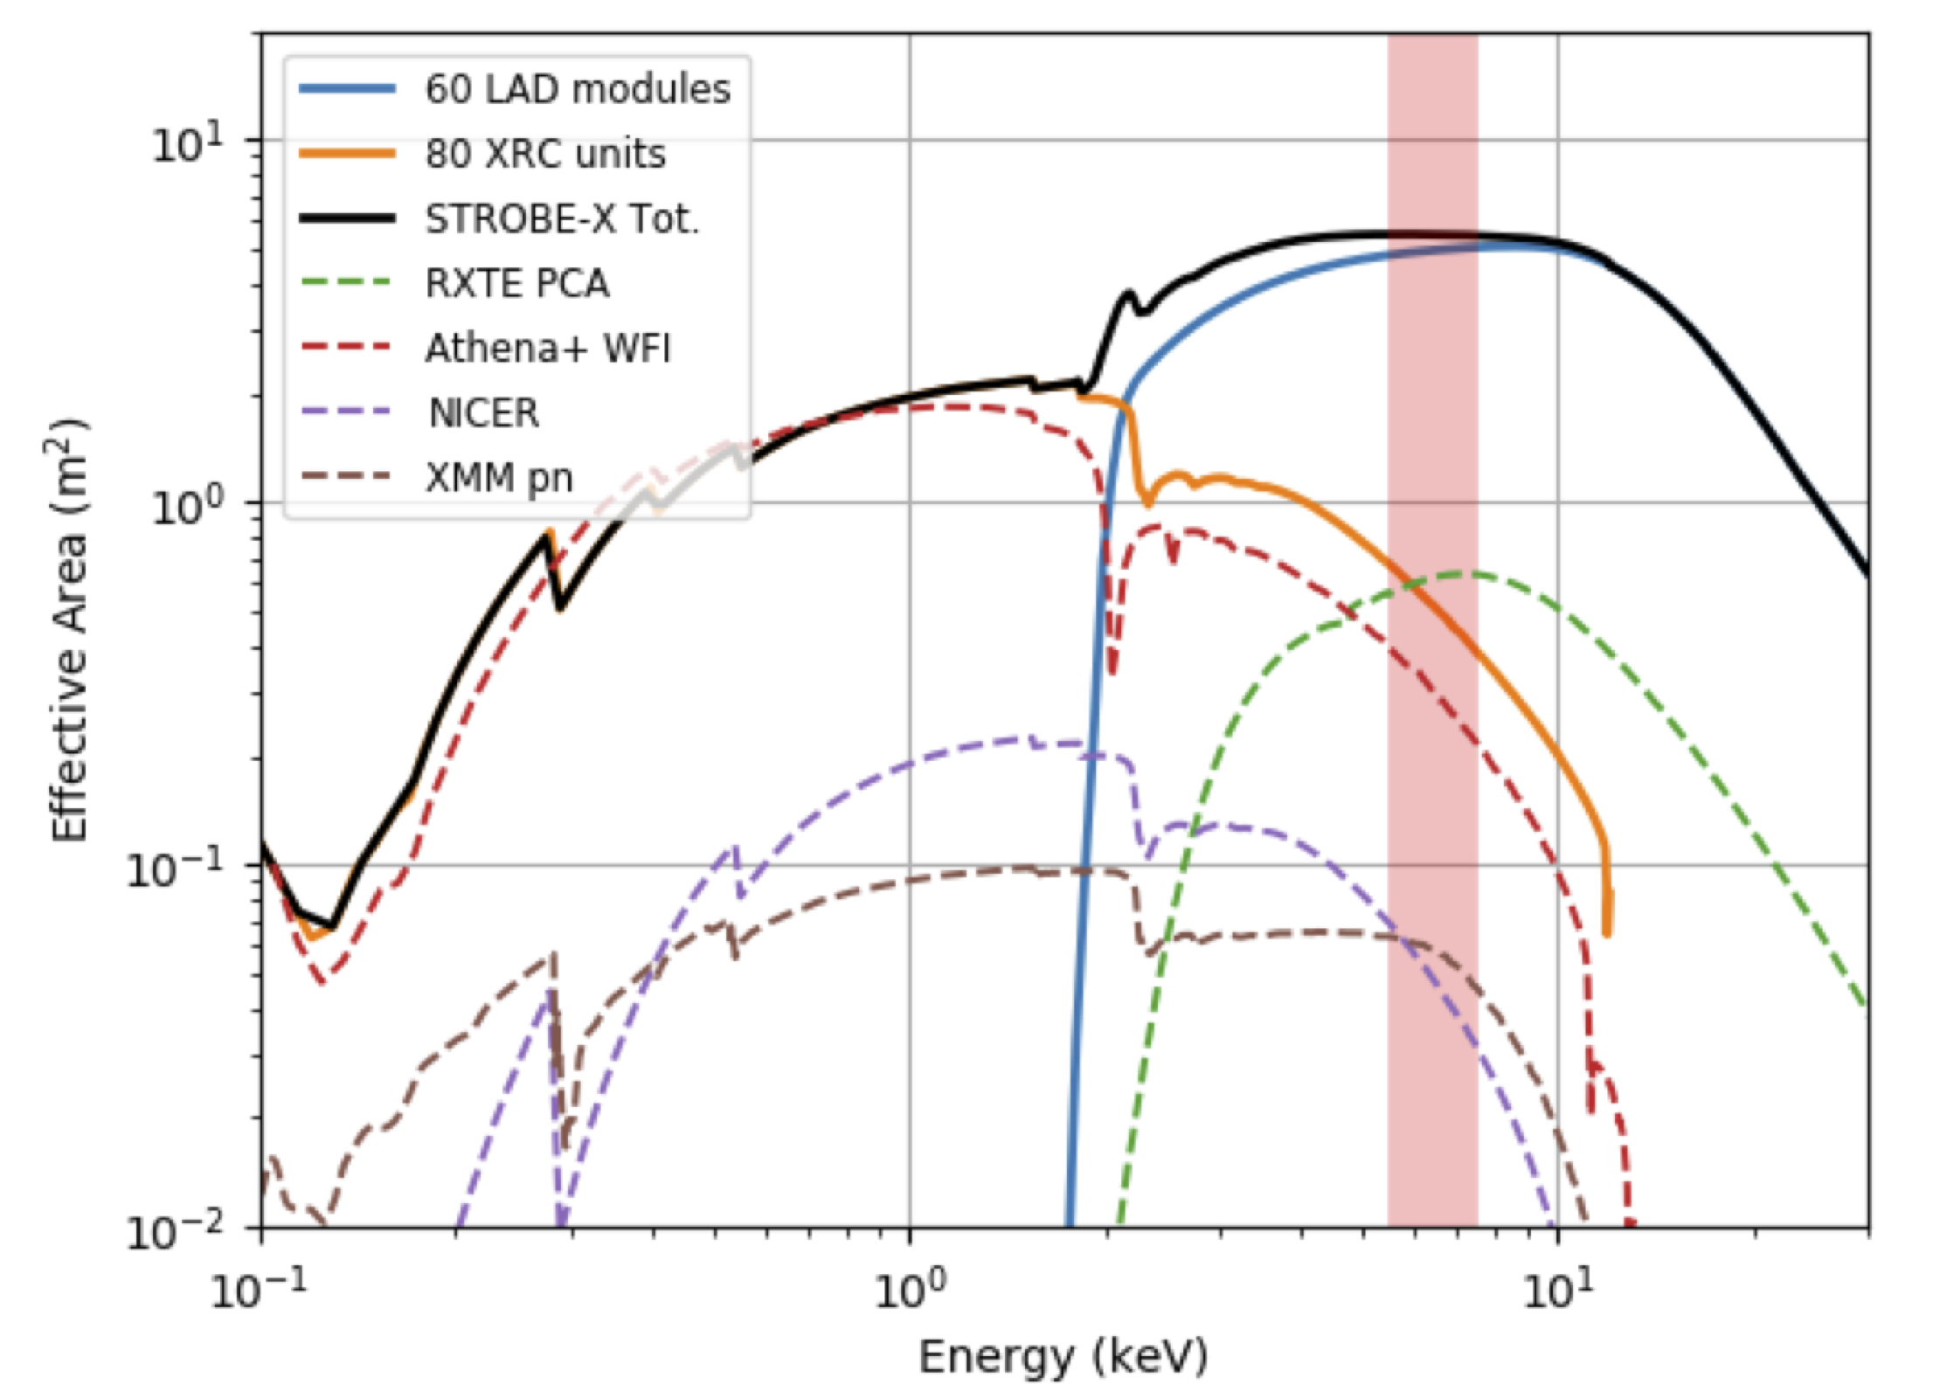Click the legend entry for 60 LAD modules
577,89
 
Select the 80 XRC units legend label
545,154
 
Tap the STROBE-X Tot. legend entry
562,218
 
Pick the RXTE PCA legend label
517,283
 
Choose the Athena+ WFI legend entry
548,348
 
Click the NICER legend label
483,412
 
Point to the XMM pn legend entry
499,478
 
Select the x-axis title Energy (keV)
1063,1357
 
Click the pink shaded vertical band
1432,786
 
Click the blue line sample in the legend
347,89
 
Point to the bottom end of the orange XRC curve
1606,933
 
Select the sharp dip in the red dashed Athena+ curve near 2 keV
1112,673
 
